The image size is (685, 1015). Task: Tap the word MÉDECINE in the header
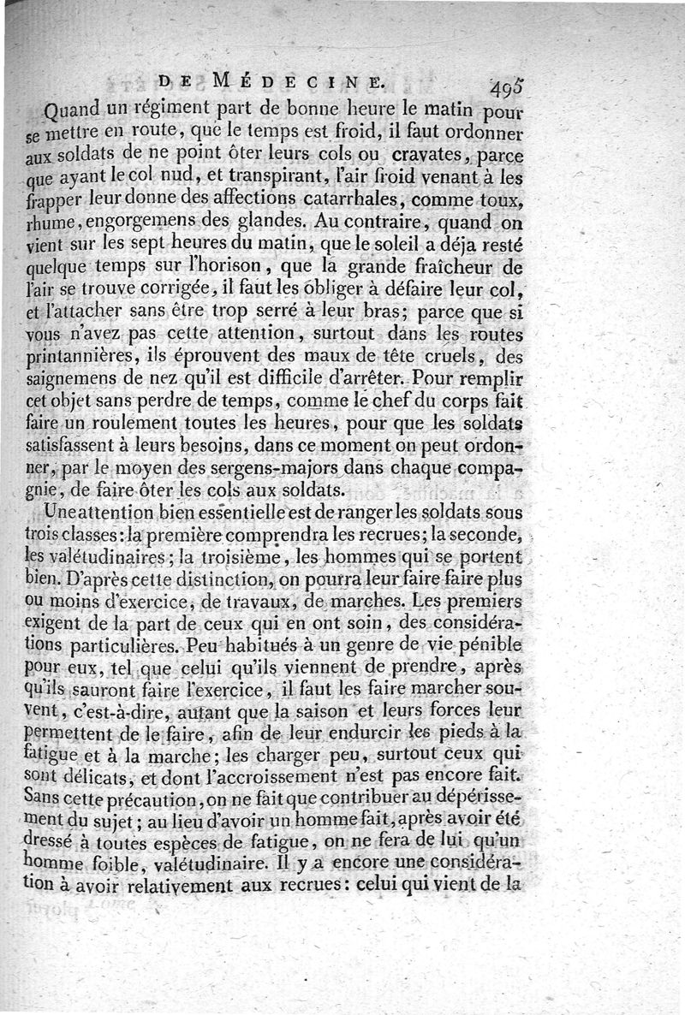coord(297,83)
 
